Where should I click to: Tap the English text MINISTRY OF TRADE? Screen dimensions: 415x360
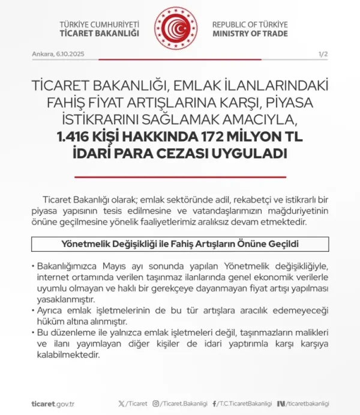tap(250, 34)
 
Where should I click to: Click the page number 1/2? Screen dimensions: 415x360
tap(322, 54)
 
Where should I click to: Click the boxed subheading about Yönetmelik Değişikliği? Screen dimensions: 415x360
tap(180, 244)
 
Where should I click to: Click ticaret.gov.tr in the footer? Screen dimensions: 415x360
tap(52, 404)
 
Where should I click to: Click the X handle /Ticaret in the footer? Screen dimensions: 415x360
tap(135, 404)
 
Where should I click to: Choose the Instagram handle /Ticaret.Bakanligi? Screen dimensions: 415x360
tap(181, 404)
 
